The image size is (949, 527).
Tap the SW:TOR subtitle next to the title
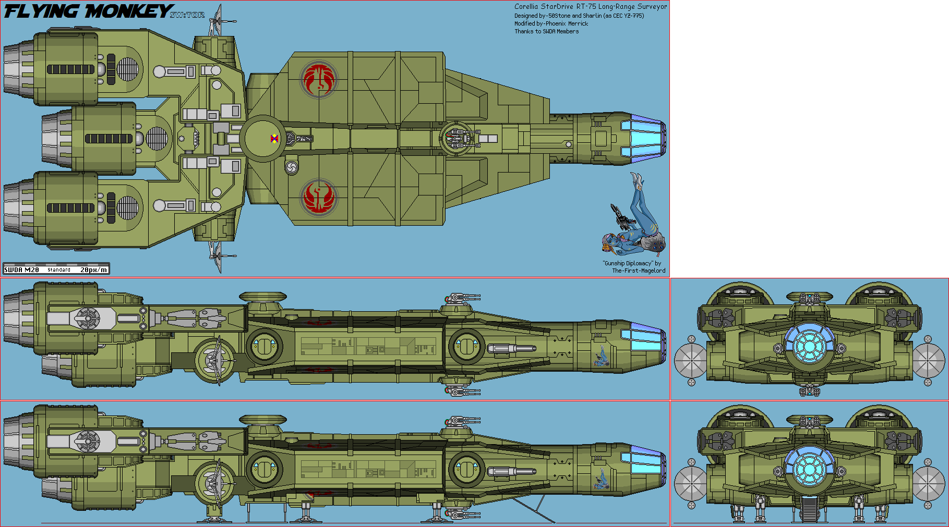(187, 15)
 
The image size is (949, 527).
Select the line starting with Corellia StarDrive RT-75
(590, 7)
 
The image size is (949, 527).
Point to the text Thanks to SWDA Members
(546, 31)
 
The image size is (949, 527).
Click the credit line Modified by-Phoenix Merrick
(551, 23)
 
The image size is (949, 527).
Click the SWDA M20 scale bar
(56, 269)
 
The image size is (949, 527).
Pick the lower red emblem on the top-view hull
(318, 197)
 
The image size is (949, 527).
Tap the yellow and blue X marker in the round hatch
(274, 139)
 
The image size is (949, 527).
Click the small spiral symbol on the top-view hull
(292, 167)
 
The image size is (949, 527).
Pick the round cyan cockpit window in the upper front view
(809, 344)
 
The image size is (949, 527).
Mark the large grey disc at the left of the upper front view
(690, 360)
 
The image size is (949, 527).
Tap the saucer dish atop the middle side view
(262, 297)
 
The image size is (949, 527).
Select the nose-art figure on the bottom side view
(602, 479)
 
